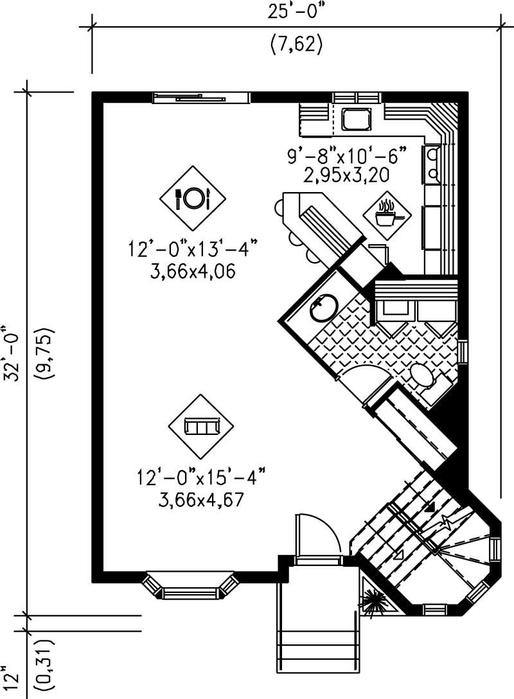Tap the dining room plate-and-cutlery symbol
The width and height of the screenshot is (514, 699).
(x=193, y=197)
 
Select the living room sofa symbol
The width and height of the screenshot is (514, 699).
(x=201, y=426)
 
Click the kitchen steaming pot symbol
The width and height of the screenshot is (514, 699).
(x=385, y=215)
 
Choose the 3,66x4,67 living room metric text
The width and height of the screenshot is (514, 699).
(x=200, y=500)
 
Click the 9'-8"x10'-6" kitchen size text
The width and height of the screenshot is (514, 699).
(x=347, y=155)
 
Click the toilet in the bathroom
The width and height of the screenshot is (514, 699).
(x=425, y=377)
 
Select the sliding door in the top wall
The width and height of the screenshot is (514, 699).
(x=200, y=98)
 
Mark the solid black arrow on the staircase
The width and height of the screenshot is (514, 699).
(x=429, y=507)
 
